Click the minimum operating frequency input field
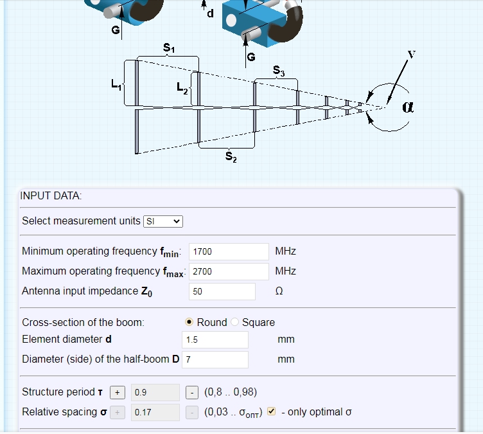click(x=229, y=251)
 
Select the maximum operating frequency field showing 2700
click(x=229, y=271)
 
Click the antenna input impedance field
click(x=222, y=291)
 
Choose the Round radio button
click(x=189, y=322)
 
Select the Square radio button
click(x=234, y=322)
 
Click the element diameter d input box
click(x=215, y=339)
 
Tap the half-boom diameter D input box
click(x=215, y=359)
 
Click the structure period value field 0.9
click(x=155, y=392)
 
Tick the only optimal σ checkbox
click(x=272, y=411)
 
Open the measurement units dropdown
click(x=163, y=221)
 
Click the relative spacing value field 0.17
click(x=155, y=412)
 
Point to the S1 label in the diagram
click(x=169, y=48)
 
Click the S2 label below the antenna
click(x=231, y=157)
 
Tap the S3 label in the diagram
click(x=279, y=71)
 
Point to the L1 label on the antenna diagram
click(x=116, y=84)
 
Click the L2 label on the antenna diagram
click(x=182, y=88)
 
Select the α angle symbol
click(x=408, y=107)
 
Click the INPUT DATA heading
click(x=51, y=196)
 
